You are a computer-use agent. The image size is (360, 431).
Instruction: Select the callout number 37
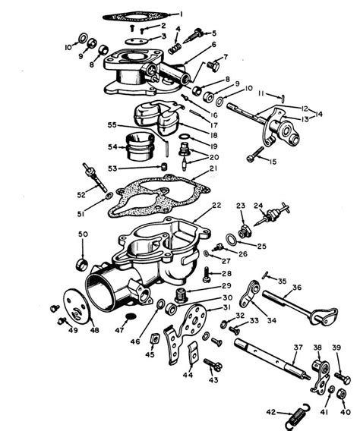pos(296,348)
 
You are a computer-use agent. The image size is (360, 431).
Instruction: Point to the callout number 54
pos(112,146)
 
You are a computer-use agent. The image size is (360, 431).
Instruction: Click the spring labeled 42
pos(297,414)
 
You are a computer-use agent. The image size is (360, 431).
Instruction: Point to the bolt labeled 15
pos(253,157)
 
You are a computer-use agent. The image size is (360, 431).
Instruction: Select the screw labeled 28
pos(205,274)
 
